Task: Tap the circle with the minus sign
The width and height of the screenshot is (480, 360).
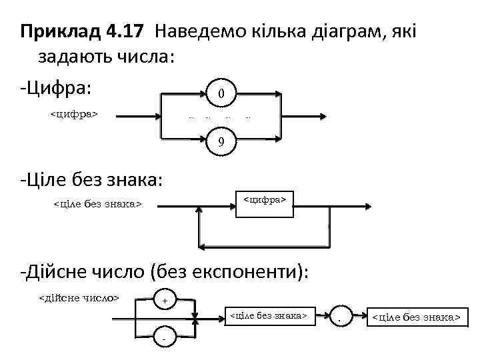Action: click(164, 338)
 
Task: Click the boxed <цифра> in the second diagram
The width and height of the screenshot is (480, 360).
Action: click(264, 199)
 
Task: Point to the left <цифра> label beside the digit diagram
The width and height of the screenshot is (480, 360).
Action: click(75, 115)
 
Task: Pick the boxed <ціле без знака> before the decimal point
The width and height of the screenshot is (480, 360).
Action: click(268, 314)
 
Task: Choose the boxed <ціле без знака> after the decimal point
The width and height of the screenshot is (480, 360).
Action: click(415, 318)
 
